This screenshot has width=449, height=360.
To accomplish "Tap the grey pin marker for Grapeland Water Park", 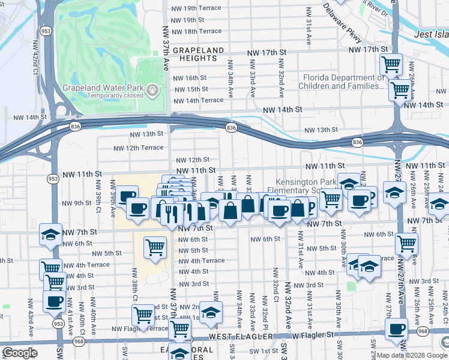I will click(153, 91).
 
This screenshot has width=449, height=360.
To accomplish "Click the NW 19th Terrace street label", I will click(195, 8).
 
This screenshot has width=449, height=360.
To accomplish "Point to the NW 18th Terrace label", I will click(196, 31).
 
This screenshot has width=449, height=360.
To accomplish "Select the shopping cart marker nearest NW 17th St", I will click(391, 64).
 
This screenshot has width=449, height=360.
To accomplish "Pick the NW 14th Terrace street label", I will click(198, 100).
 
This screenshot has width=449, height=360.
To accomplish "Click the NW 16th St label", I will click(189, 78).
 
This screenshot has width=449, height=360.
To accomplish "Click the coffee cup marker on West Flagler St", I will click(396, 329).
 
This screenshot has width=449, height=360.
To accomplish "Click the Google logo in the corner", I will click(20, 353).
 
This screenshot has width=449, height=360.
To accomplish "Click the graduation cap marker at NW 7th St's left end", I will click(50, 235).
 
